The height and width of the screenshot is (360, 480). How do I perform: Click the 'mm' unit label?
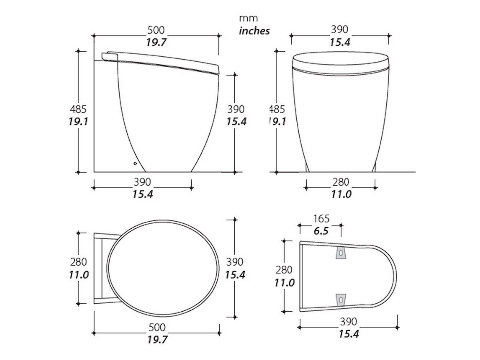[x=248, y=18]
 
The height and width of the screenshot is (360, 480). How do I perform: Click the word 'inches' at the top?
[x=254, y=31]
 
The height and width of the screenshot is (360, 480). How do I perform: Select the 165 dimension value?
[x=321, y=218]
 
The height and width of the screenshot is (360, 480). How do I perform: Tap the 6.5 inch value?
[x=321, y=231]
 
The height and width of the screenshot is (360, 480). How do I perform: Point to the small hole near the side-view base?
[x=135, y=163]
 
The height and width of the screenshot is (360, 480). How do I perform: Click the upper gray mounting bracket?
[x=341, y=253]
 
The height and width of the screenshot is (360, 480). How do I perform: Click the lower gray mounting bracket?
[x=341, y=300]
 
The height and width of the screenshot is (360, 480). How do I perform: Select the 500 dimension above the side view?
[x=156, y=30]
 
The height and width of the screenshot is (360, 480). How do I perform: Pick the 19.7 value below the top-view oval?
[x=157, y=340]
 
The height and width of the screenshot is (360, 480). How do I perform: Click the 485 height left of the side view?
[x=78, y=109]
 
